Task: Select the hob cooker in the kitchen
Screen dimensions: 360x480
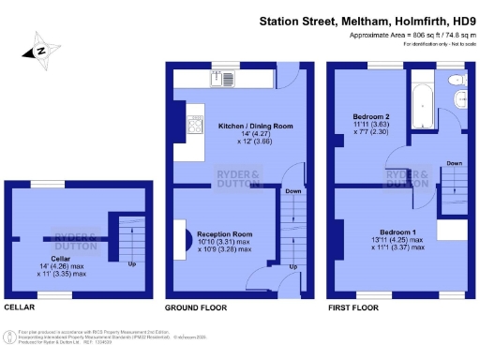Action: [x=196, y=125]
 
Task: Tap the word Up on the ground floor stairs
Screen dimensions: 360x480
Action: [x=292, y=266]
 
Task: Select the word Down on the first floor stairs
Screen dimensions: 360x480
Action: [x=453, y=162]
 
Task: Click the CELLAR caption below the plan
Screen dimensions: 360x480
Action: [x=21, y=307]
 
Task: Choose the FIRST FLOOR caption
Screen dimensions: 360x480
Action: [x=352, y=307]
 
